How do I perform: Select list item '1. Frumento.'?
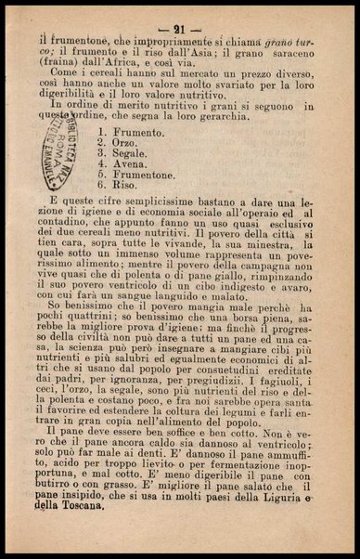point(131,134)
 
